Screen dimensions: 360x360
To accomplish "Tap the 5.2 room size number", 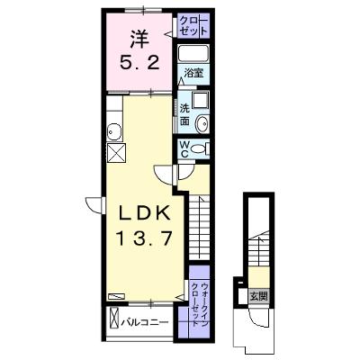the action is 139,63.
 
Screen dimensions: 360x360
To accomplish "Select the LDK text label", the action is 145,214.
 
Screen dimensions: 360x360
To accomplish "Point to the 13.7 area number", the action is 145,239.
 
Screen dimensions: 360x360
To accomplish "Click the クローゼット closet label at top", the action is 193,25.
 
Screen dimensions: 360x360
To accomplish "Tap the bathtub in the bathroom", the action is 193,54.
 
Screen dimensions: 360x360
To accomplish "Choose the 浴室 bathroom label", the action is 193,73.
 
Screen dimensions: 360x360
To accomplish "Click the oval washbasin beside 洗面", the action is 202,123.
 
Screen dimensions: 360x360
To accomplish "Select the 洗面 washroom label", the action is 184,114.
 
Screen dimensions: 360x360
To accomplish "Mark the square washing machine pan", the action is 200,100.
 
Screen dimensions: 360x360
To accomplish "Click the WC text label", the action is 184,149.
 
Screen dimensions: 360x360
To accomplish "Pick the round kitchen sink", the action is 114,131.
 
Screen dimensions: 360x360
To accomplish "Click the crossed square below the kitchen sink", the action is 116,152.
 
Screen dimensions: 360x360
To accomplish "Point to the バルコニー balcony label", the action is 145,323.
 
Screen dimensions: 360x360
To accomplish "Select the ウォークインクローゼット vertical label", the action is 200,304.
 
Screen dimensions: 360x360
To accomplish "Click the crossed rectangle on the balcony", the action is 113,318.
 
